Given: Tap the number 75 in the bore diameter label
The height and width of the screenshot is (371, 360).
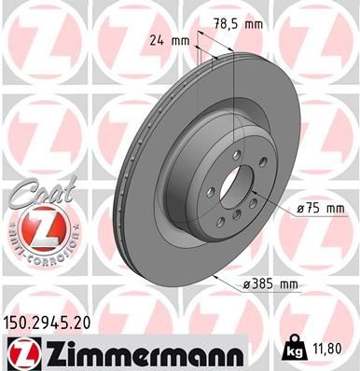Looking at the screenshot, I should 295,208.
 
